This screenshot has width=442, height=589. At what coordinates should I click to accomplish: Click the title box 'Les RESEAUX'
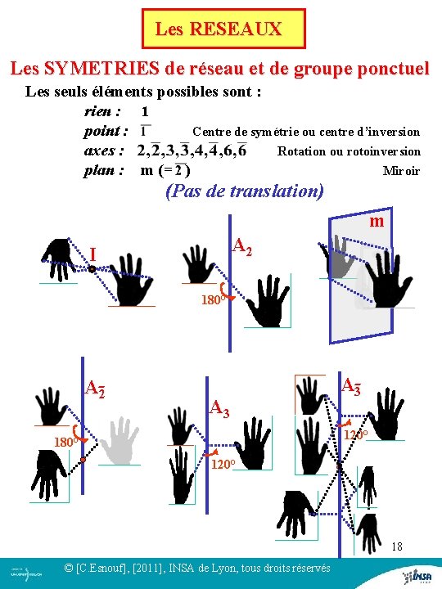223,29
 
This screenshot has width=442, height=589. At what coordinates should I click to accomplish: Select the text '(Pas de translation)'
245,191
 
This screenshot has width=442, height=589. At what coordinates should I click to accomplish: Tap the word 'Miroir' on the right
401,171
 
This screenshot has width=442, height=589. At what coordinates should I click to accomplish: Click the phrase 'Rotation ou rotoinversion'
349,151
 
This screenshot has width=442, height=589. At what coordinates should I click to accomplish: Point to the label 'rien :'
103,110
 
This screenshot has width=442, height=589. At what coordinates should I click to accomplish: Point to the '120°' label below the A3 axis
223,465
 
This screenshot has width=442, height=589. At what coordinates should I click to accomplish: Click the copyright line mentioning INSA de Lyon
197,568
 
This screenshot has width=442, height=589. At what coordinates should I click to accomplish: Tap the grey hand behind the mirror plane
337,256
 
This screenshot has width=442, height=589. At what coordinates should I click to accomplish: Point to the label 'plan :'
104,170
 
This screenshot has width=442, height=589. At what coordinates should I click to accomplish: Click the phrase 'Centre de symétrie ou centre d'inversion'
305,132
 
